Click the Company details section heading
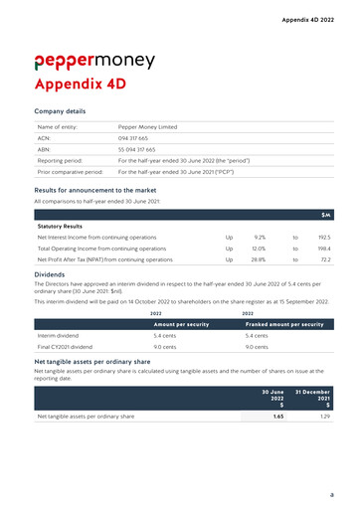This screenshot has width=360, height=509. tap(60, 111)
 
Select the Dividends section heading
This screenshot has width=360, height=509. tap(52, 272)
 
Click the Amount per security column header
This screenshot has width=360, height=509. tap(180, 324)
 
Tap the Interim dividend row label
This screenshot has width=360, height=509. tap(58, 336)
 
